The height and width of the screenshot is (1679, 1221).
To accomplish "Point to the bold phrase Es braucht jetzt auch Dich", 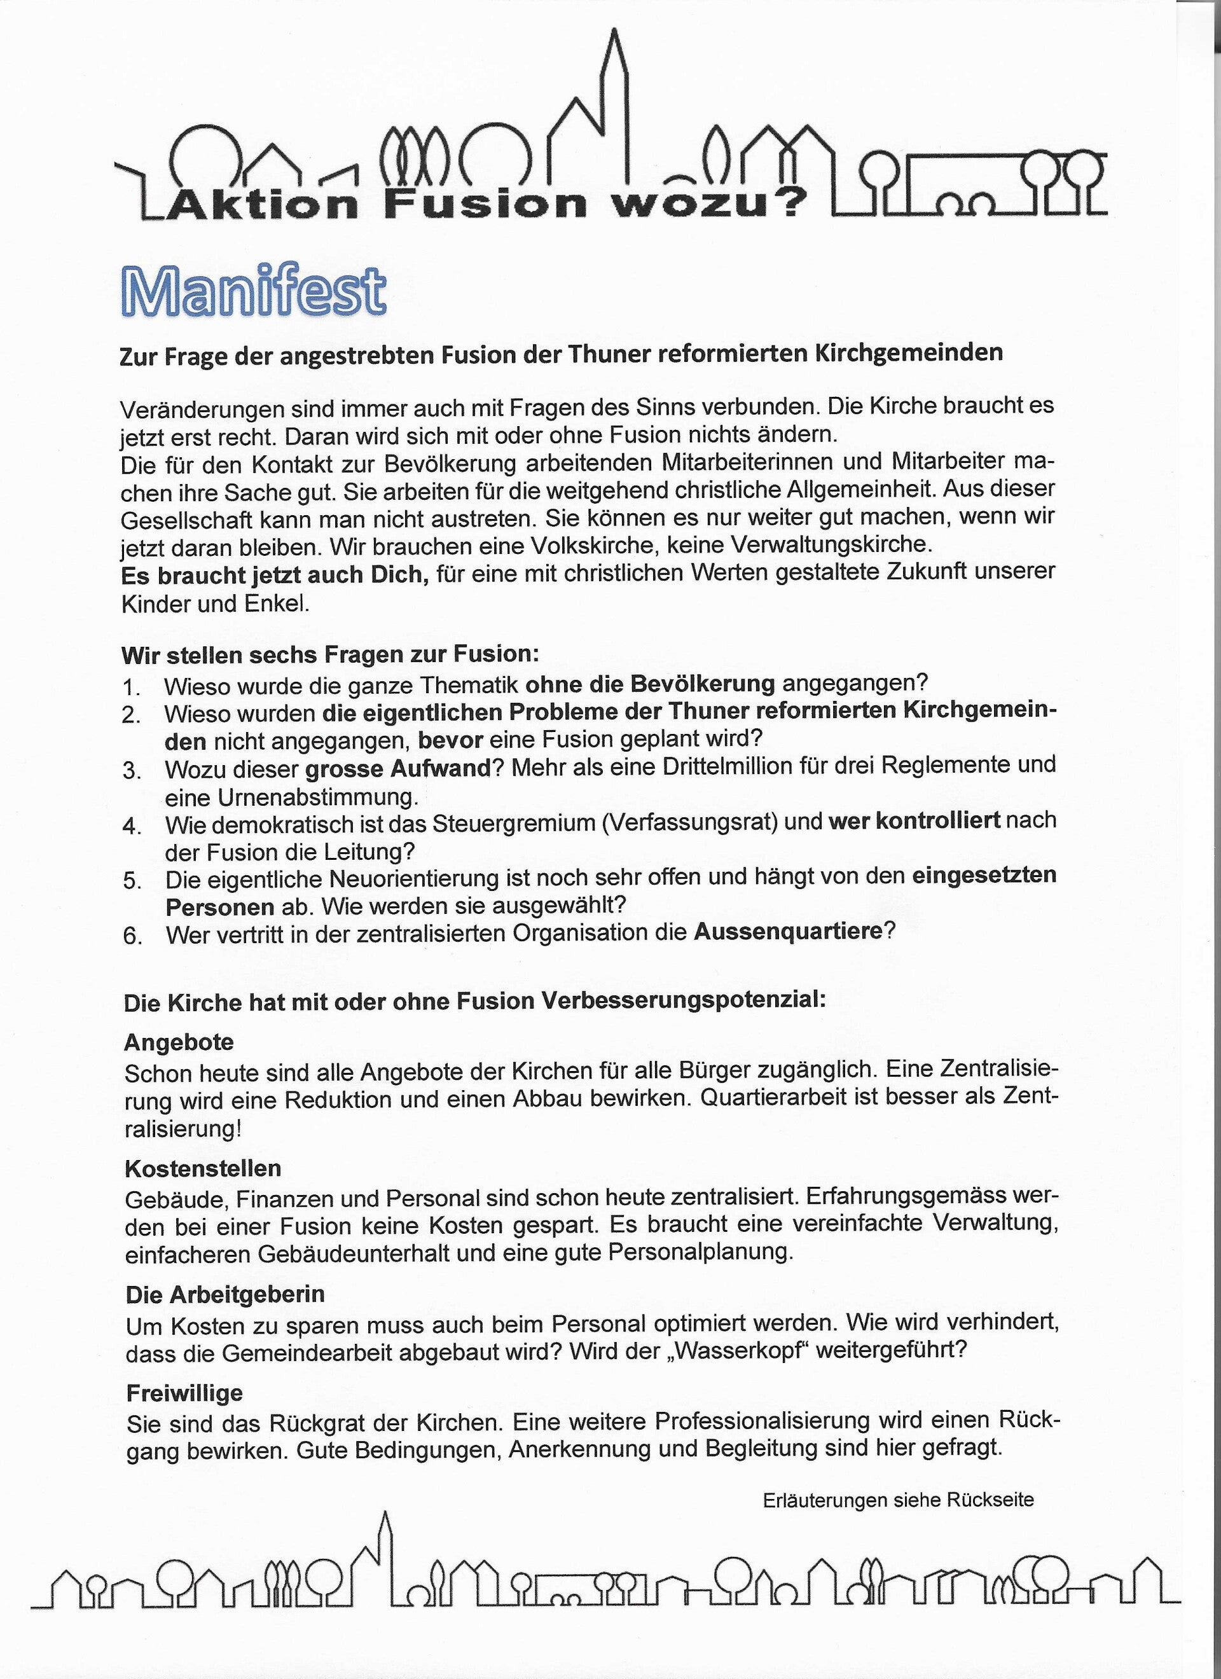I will pyautogui.click(x=275, y=575).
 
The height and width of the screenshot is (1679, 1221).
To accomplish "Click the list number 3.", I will pyautogui.click(x=132, y=771).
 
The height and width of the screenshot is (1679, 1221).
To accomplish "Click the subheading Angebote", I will pyautogui.click(x=179, y=1042).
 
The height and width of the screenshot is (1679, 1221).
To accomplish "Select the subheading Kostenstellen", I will pyautogui.click(x=203, y=1168).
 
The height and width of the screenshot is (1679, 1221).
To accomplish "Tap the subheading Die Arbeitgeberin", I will pyautogui.click(x=225, y=1294).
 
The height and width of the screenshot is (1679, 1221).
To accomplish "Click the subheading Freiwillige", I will pyautogui.click(x=184, y=1393).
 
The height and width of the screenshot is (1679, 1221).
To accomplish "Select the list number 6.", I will pyautogui.click(x=132, y=936).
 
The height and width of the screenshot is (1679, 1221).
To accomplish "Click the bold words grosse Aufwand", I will pyautogui.click(x=398, y=769).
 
